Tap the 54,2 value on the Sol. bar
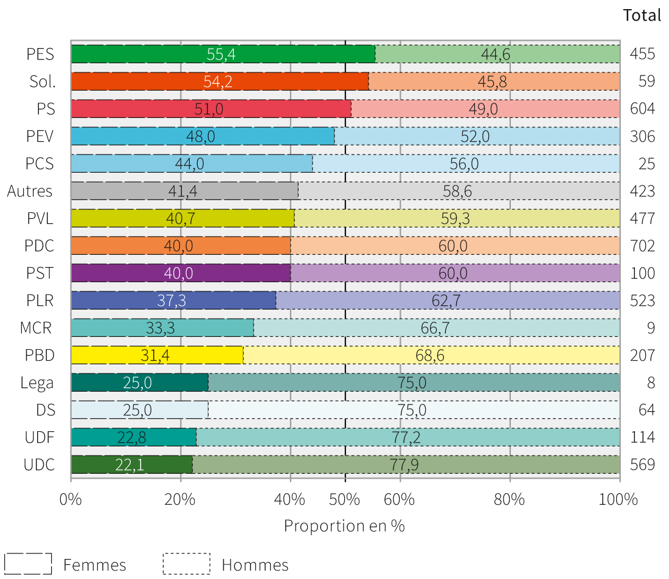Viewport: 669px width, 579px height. coord(218,81)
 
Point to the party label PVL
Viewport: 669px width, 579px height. coord(41,218)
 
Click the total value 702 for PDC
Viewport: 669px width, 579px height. coord(642,246)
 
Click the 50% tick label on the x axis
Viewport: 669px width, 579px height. coord(345,500)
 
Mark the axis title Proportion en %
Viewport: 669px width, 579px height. coord(344,525)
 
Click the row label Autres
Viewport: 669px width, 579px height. coord(30,191)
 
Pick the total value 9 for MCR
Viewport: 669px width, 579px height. coord(651,328)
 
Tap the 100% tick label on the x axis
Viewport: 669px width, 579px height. coord(619,500)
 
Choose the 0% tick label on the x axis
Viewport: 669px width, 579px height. coord(71,500)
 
